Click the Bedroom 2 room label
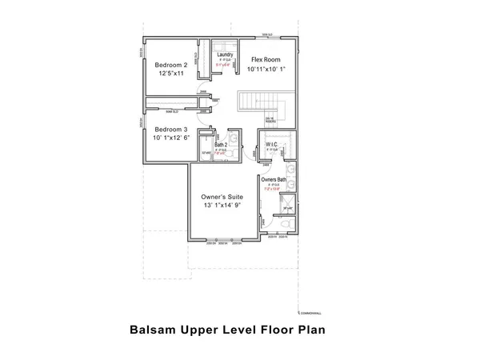pos(170,65)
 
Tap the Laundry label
pos(225,54)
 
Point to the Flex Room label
pos(265,60)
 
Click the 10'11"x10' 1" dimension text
pos(266,70)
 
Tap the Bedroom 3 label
pos(171,130)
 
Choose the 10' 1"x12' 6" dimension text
pos(172,138)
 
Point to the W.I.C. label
pos(271,145)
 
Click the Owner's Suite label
pos(222,196)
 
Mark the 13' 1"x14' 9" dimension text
pos(222,206)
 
